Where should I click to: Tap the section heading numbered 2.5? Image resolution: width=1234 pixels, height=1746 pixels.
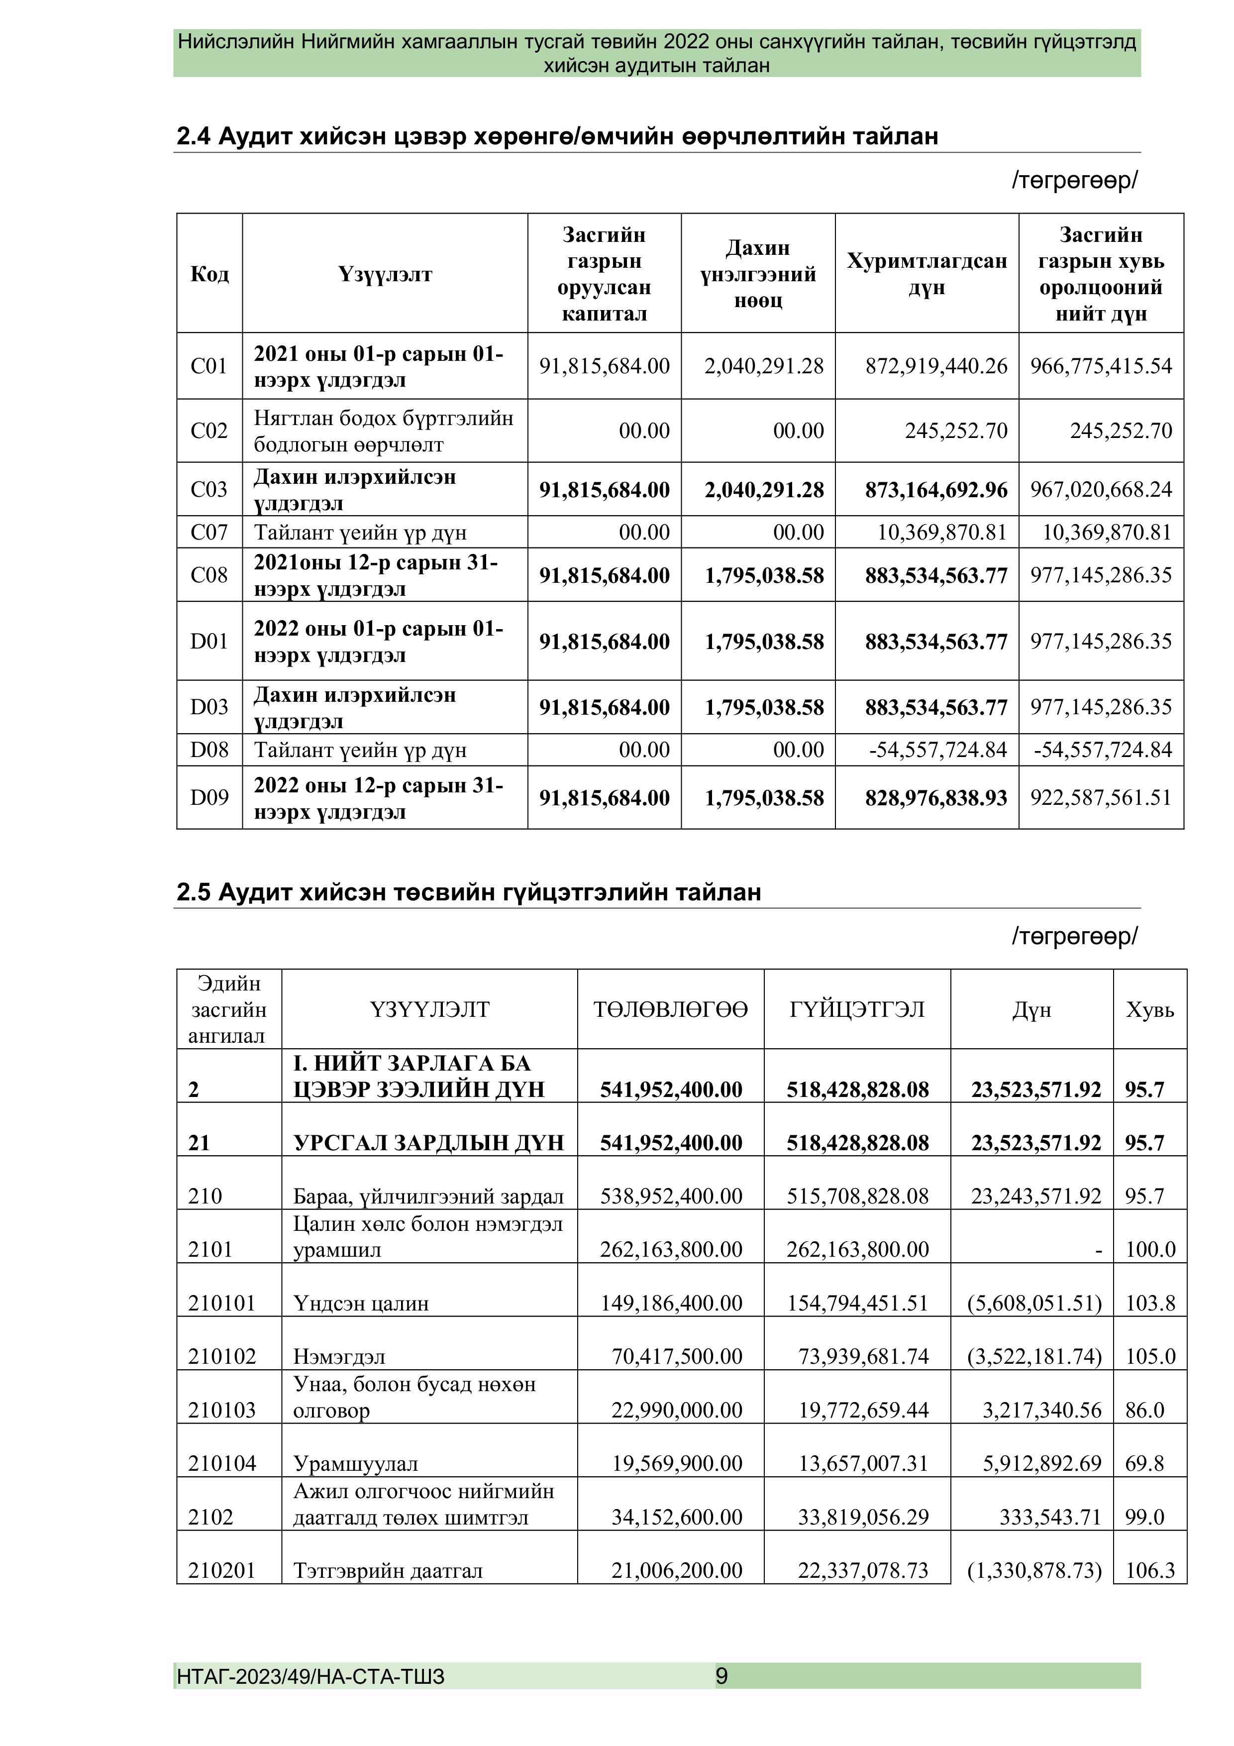(468, 892)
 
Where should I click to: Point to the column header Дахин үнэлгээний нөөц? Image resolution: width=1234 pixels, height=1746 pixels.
(757, 274)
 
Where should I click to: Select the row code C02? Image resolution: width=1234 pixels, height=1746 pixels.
(209, 431)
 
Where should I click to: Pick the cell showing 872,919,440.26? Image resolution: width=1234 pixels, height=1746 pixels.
(936, 366)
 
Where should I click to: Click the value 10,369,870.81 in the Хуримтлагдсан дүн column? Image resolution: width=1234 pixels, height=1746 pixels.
(942, 533)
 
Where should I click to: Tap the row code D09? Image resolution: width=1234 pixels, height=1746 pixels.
(209, 798)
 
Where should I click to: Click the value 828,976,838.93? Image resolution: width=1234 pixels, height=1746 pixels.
(936, 798)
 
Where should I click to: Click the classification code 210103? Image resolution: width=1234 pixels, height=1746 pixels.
(222, 1410)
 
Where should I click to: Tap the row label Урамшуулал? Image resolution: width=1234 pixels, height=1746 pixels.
(355, 1464)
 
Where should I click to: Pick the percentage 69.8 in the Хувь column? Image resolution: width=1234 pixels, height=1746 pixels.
(1144, 1464)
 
